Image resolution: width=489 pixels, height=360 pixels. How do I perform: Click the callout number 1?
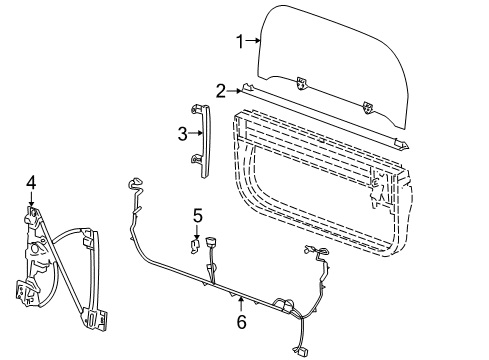coord(239,41)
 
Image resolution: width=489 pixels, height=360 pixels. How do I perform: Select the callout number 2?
coord(220,90)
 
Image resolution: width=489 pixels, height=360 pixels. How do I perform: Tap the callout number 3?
coord(182,132)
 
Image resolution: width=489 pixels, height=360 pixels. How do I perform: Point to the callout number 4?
coord(31,182)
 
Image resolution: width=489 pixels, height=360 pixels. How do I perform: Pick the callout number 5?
coord(198,214)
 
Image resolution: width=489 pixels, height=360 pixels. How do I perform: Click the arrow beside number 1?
coord(252,41)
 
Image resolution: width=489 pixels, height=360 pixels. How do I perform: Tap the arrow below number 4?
coord(31,198)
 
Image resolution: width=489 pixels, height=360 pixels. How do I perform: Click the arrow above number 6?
coord(241,303)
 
